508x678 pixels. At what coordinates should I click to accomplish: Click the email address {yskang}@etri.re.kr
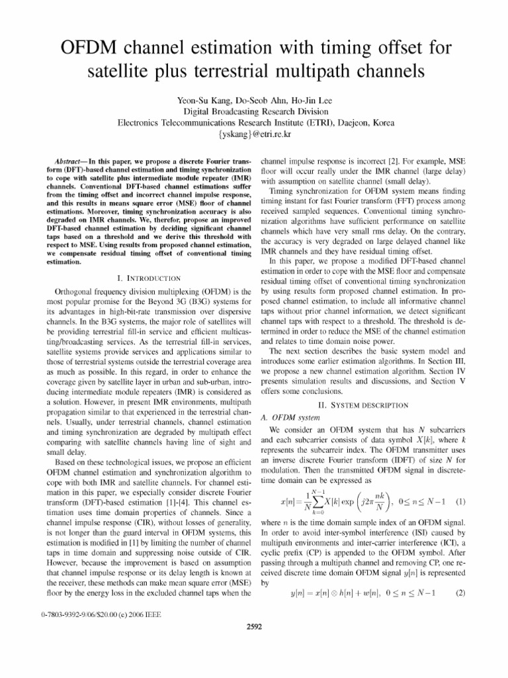[254, 134]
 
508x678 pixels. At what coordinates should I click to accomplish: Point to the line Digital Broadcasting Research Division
[254, 111]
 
